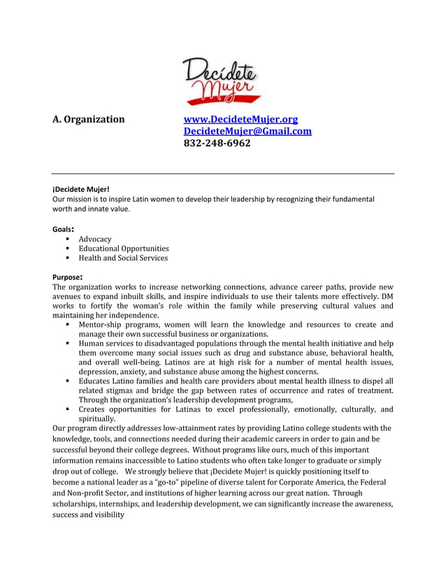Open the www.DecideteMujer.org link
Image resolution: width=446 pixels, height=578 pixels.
240,119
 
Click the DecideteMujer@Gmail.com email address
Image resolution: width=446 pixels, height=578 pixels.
247,131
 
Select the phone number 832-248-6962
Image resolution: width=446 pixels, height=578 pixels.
217,143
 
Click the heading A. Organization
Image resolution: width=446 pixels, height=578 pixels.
89,119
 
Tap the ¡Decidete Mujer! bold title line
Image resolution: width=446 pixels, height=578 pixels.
81,189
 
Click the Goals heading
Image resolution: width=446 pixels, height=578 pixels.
63,228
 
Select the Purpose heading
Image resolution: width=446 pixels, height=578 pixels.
68,277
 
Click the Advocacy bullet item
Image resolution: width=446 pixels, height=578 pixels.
94,239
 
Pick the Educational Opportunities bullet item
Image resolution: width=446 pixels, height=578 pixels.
124,248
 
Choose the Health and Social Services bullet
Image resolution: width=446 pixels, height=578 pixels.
123,258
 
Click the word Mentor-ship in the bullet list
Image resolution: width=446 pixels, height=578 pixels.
103,325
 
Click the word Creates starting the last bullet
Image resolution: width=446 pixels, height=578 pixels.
94,409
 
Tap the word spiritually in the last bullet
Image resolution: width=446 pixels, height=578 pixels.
96,418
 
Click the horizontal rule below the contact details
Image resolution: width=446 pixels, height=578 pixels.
223,174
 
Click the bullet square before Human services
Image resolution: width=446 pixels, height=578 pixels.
68,344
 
